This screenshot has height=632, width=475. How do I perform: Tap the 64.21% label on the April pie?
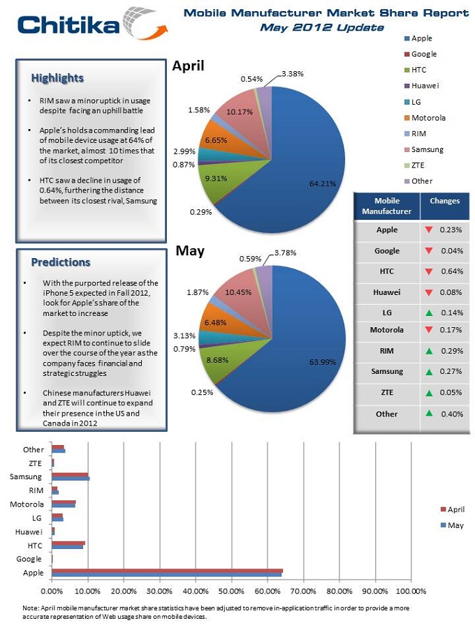[x=323, y=183]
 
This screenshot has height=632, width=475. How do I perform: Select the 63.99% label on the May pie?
[x=323, y=361]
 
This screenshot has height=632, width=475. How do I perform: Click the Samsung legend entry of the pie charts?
[x=427, y=149]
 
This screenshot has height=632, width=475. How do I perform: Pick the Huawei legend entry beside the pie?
[x=425, y=86]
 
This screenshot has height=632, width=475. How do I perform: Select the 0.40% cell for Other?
[x=451, y=414]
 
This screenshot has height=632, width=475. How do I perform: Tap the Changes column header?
[x=444, y=201]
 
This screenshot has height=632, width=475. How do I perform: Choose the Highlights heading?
[x=57, y=77]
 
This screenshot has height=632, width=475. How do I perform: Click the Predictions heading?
[x=61, y=262]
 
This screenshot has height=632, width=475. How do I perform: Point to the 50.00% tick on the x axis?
[x=231, y=590]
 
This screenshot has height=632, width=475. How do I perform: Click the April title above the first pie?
[x=188, y=66]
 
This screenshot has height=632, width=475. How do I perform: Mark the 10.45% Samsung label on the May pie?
[x=239, y=292]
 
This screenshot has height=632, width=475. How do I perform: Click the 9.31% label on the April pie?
[x=217, y=178]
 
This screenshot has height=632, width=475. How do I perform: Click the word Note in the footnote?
[x=31, y=608]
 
